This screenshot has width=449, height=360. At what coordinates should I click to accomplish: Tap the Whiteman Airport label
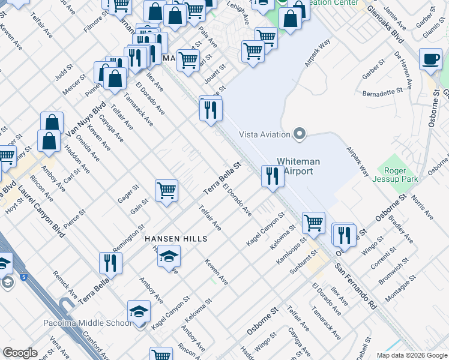point(298,167)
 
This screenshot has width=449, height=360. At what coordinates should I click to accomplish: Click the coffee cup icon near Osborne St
point(430,59)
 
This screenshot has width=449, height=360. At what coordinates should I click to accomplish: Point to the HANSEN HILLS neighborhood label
point(175,239)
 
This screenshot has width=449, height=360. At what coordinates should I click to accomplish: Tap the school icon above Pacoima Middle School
point(139,311)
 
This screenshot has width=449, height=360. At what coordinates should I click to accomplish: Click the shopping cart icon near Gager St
point(166,191)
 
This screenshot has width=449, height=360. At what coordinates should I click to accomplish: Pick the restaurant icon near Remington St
point(111,262)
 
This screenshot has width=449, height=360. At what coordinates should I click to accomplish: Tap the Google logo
point(19,353)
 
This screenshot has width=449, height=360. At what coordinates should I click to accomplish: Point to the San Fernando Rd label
point(355,287)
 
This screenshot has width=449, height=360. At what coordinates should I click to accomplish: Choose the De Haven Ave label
point(405,66)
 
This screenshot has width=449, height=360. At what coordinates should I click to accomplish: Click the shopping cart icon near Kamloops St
point(313,223)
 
